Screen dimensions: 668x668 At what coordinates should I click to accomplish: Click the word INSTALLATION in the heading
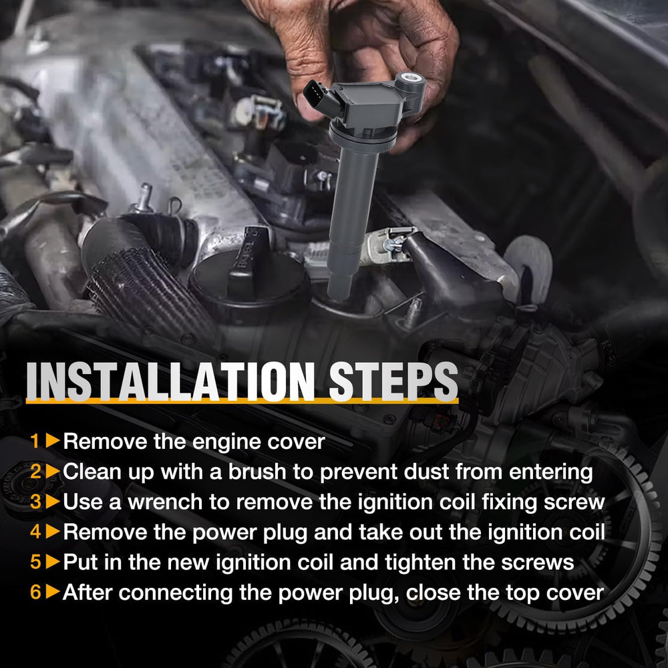170,381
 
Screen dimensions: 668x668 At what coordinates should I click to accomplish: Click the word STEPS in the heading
393,381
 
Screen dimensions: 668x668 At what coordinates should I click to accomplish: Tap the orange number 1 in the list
35,441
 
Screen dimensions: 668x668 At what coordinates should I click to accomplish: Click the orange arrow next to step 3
53,502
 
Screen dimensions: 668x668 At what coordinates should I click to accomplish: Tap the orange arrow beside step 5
53,562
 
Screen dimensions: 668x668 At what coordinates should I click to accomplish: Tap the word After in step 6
87,593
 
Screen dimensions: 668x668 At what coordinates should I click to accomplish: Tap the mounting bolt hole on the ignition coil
411,78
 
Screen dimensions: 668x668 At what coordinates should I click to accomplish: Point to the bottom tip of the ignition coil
339,297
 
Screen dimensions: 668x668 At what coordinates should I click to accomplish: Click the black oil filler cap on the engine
248,273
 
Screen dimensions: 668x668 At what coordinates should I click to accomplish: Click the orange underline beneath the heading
242,401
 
